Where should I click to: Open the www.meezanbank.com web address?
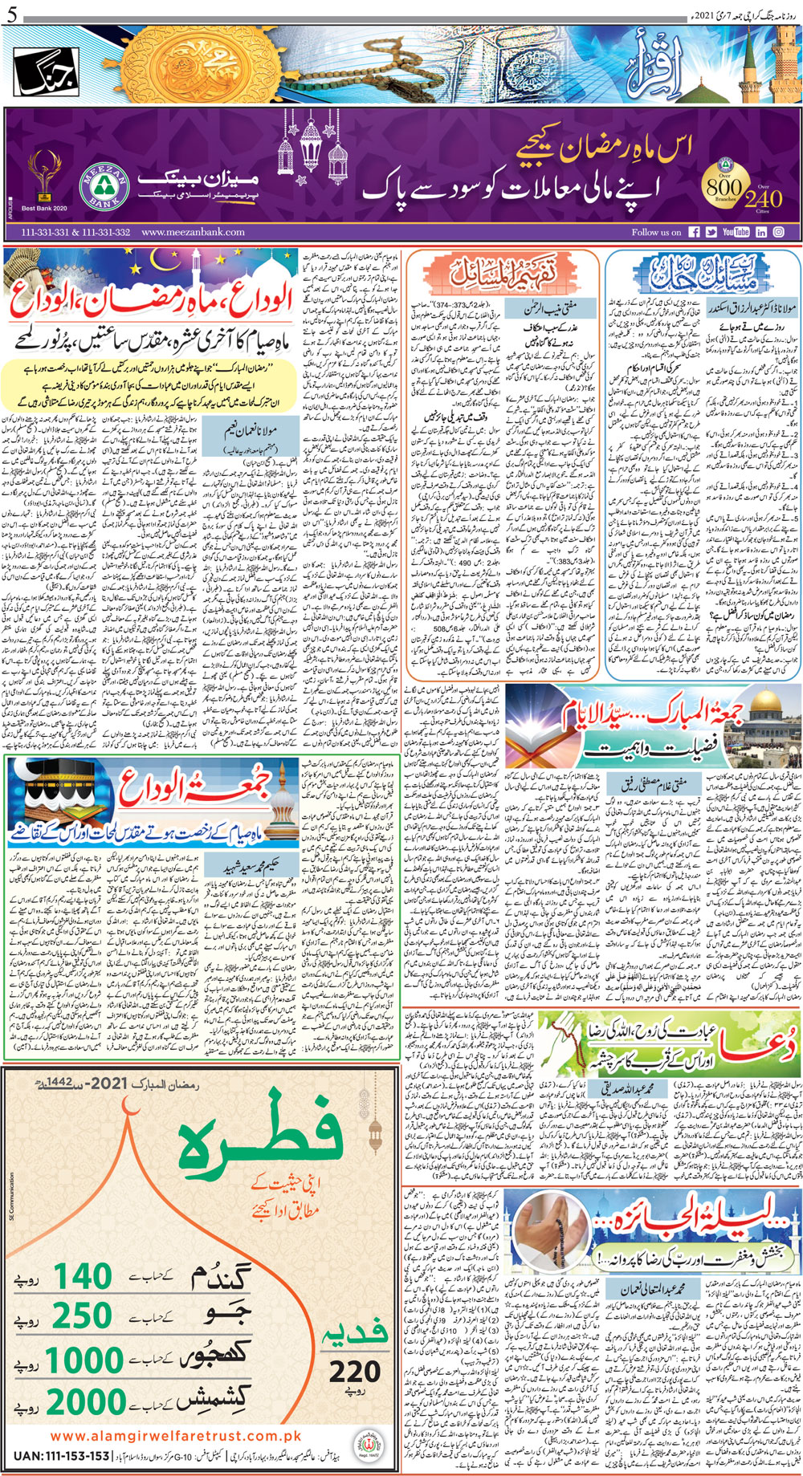point(193,232)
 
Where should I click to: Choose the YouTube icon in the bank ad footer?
point(735,232)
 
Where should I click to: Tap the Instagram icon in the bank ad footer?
point(778,232)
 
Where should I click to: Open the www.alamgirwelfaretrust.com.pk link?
point(174,1436)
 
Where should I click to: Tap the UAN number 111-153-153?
point(62,1456)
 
